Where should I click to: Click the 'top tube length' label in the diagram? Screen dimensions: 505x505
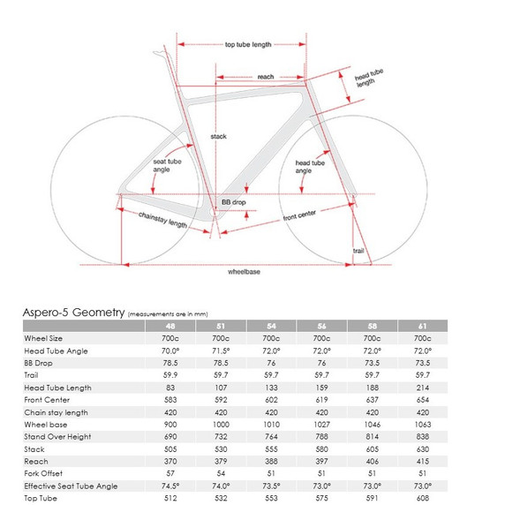point(248,44)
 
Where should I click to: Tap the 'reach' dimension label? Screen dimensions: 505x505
point(265,77)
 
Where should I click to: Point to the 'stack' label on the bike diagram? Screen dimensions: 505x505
point(220,137)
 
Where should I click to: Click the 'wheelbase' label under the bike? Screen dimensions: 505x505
point(244,272)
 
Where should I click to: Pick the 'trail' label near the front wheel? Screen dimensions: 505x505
point(358,251)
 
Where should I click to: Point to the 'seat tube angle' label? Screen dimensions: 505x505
point(169,165)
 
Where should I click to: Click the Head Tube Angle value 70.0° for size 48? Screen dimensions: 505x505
point(170,350)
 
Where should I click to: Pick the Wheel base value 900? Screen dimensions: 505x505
point(170,425)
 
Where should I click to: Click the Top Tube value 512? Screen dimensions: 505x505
point(170,499)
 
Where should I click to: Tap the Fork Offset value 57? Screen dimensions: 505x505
point(170,474)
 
